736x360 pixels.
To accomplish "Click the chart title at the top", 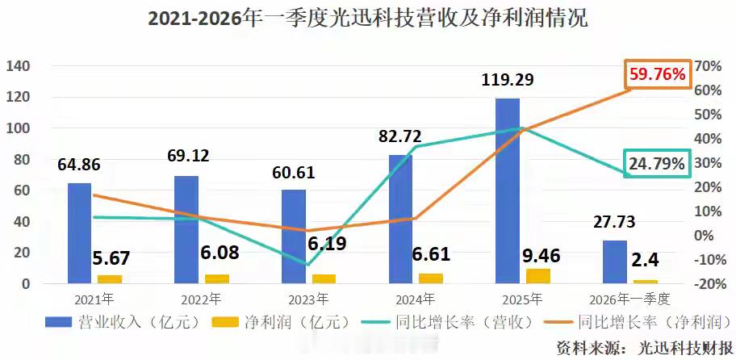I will pyautogui.click(x=367, y=19).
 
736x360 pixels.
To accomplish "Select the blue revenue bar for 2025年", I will pyautogui.click(x=508, y=190).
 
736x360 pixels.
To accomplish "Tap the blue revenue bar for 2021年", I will pyautogui.click(x=79, y=233).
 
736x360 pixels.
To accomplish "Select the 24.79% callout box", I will pyautogui.click(x=658, y=164).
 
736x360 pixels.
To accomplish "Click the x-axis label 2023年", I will pyautogui.click(x=309, y=299).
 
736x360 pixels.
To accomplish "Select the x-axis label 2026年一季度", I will pyautogui.click(x=629, y=299).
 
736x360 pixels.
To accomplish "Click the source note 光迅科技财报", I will pyautogui.click(x=678, y=347).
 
